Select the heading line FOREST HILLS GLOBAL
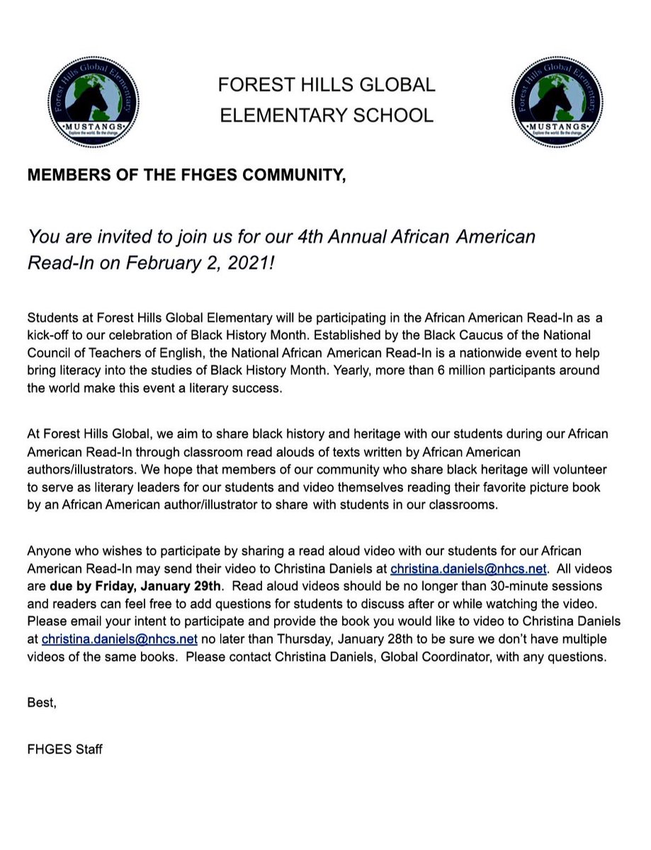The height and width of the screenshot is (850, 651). point(326,85)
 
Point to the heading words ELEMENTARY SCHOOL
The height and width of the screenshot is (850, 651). point(326,115)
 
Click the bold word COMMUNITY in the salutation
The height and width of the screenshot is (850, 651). point(293,176)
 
